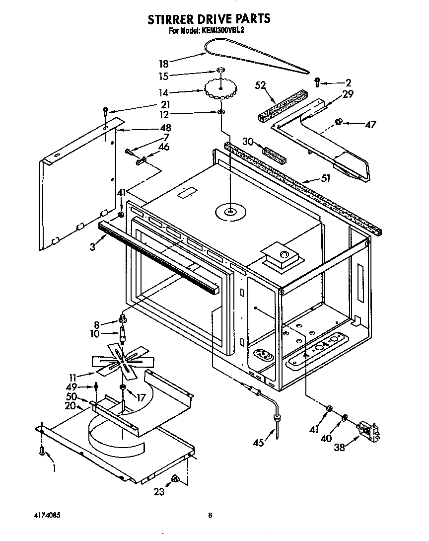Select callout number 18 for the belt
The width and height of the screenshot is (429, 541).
click(x=163, y=63)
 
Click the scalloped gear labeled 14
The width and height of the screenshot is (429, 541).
click(x=220, y=90)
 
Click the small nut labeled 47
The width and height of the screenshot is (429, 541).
click(x=339, y=121)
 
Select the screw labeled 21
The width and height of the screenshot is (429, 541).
click(x=105, y=111)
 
